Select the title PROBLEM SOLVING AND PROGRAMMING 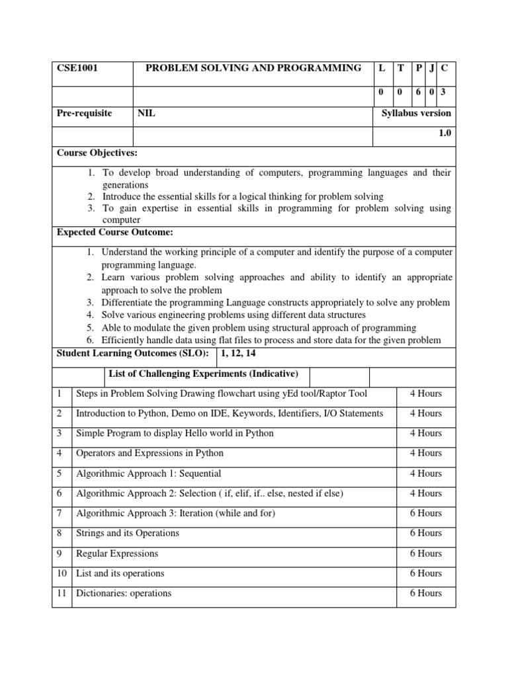tap(253, 68)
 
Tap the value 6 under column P tap(419, 93)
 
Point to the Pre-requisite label tap(85, 113)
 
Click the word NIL tap(146, 113)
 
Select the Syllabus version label tap(416, 113)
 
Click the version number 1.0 tap(444, 133)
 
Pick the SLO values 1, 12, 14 tap(241, 353)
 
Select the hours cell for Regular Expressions tap(425, 553)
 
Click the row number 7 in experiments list tap(60, 513)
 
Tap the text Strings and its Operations tap(128, 533)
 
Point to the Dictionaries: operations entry tap(124, 593)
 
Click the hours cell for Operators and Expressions tap(425, 453)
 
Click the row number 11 tap(62, 593)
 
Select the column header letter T tap(400, 68)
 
